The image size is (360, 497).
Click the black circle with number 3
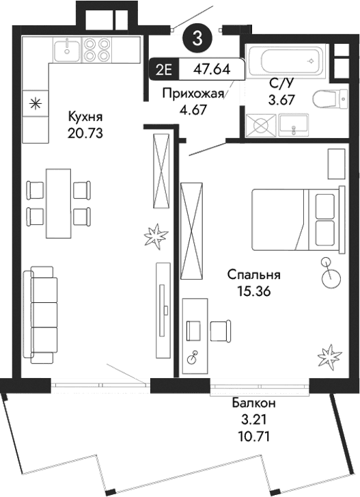coord(197,38)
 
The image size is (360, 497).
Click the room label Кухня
coord(85,116)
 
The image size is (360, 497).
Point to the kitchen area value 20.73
coord(85,133)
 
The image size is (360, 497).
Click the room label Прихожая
coord(193,94)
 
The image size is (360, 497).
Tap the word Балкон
coord(252,403)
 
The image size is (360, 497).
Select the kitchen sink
coord(66,49)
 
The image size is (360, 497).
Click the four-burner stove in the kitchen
coord(97,49)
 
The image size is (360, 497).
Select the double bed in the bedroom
coord(294,218)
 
